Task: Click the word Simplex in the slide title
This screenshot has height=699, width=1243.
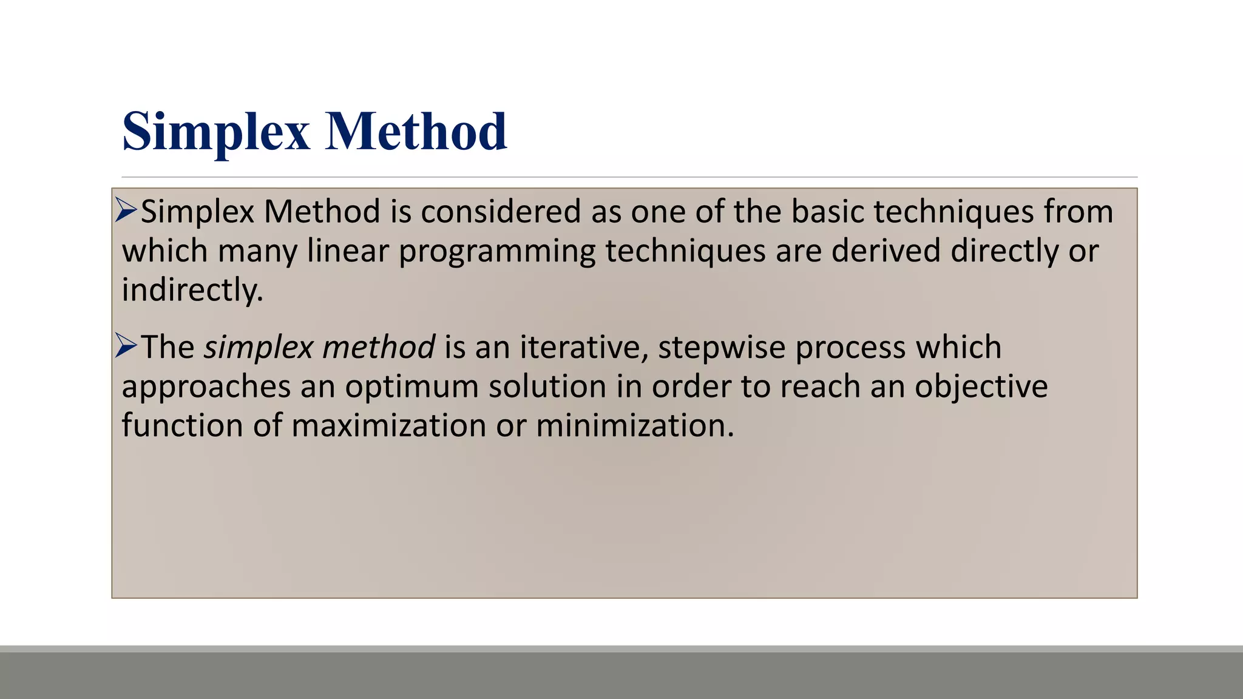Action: coord(216,132)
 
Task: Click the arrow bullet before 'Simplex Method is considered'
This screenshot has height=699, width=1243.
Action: coord(126,211)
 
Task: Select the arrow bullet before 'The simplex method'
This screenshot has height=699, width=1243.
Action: coord(126,346)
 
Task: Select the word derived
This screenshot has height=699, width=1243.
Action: coord(886,251)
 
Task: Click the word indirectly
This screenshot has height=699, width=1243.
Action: coord(192,290)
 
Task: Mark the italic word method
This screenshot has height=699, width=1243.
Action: coord(379,348)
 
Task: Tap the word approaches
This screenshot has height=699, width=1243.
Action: coord(206,388)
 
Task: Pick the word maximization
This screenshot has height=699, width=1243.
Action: coord(388,425)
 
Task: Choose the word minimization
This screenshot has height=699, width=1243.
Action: coord(635,425)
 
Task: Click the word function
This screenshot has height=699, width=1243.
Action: coord(182,425)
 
